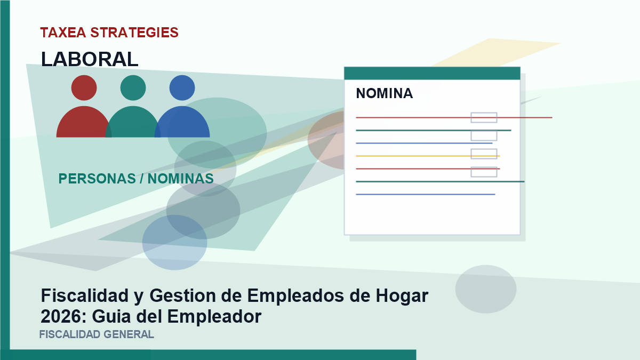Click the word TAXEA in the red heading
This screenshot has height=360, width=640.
[x=63, y=33]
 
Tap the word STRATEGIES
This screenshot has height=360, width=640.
[x=134, y=33]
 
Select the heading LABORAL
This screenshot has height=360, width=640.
[x=90, y=59]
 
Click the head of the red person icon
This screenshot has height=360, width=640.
[x=84, y=87]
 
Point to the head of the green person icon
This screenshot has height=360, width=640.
[x=133, y=87]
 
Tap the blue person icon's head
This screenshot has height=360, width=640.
[x=182, y=87]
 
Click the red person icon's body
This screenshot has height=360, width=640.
[x=83, y=123]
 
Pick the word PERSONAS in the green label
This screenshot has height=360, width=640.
[x=97, y=179]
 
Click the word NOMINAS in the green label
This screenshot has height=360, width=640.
[x=181, y=179]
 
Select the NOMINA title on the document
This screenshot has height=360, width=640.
[x=385, y=93]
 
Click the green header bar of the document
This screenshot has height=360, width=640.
[x=432, y=73]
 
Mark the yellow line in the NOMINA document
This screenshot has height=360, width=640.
[x=428, y=156]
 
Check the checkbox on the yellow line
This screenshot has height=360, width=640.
[x=484, y=154]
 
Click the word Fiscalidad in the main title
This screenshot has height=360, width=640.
[x=85, y=295]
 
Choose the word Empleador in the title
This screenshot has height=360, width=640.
[x=214, y=317]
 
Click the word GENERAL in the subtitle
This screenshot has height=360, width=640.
[x=129, y=334]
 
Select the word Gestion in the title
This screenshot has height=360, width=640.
[x=183, y=295]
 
